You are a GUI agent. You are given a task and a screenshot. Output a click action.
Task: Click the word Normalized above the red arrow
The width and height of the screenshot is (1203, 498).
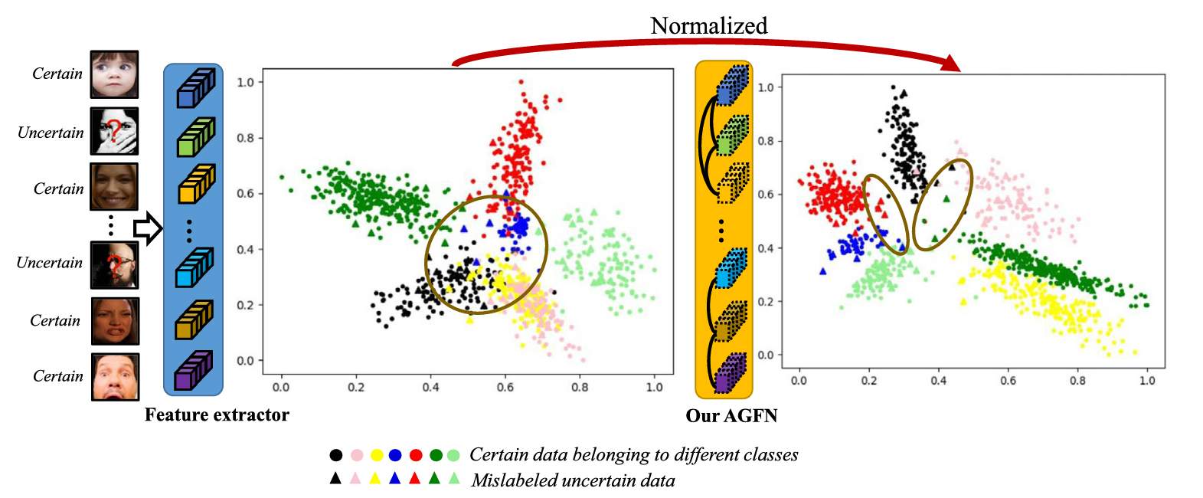tap(708, 26)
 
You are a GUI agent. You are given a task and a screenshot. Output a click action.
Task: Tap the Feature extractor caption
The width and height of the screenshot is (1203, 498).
tap(217, 415)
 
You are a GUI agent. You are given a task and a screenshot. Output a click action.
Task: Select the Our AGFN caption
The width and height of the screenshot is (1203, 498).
tap(731, 416)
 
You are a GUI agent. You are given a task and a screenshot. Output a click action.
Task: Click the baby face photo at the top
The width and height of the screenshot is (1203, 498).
tap(114, 74)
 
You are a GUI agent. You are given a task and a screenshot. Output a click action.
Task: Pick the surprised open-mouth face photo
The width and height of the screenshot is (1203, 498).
tap(116, 376)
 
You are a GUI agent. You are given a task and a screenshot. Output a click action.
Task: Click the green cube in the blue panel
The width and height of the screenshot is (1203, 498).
tap(195, 138)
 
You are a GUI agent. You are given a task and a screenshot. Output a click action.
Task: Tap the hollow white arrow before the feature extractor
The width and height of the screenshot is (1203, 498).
tap(148, 228)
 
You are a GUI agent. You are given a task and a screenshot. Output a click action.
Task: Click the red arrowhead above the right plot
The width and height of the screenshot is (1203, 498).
tap(950, 64)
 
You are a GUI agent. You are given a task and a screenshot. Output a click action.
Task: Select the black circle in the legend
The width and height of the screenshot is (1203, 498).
tap(335, 455)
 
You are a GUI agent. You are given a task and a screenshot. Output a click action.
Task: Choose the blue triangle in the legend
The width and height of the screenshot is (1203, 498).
tap(395, 479)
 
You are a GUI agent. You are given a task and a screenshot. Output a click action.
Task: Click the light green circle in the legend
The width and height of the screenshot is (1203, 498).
tap(453, 455)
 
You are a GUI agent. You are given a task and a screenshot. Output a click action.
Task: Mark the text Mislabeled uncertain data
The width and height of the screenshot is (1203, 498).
tap(573, 480)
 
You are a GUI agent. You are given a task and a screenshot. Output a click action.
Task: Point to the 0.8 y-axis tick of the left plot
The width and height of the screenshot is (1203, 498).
tap(245, 139)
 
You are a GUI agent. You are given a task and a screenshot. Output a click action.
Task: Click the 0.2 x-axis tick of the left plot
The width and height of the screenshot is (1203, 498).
tap(356, 388)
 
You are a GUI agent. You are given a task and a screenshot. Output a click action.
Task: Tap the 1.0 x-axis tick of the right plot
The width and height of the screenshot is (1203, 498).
tap(1147, 380)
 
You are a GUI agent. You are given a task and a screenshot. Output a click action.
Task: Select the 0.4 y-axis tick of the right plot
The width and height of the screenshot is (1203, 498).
tap(766, 248)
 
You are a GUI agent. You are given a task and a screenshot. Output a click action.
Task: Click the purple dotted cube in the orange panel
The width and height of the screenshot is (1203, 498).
tap(731, 373)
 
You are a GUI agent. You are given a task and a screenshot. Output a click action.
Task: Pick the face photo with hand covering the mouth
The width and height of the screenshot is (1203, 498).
tap(114, 132)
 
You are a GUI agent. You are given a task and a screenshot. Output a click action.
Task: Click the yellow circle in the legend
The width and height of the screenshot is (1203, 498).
tap(376, 455)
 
